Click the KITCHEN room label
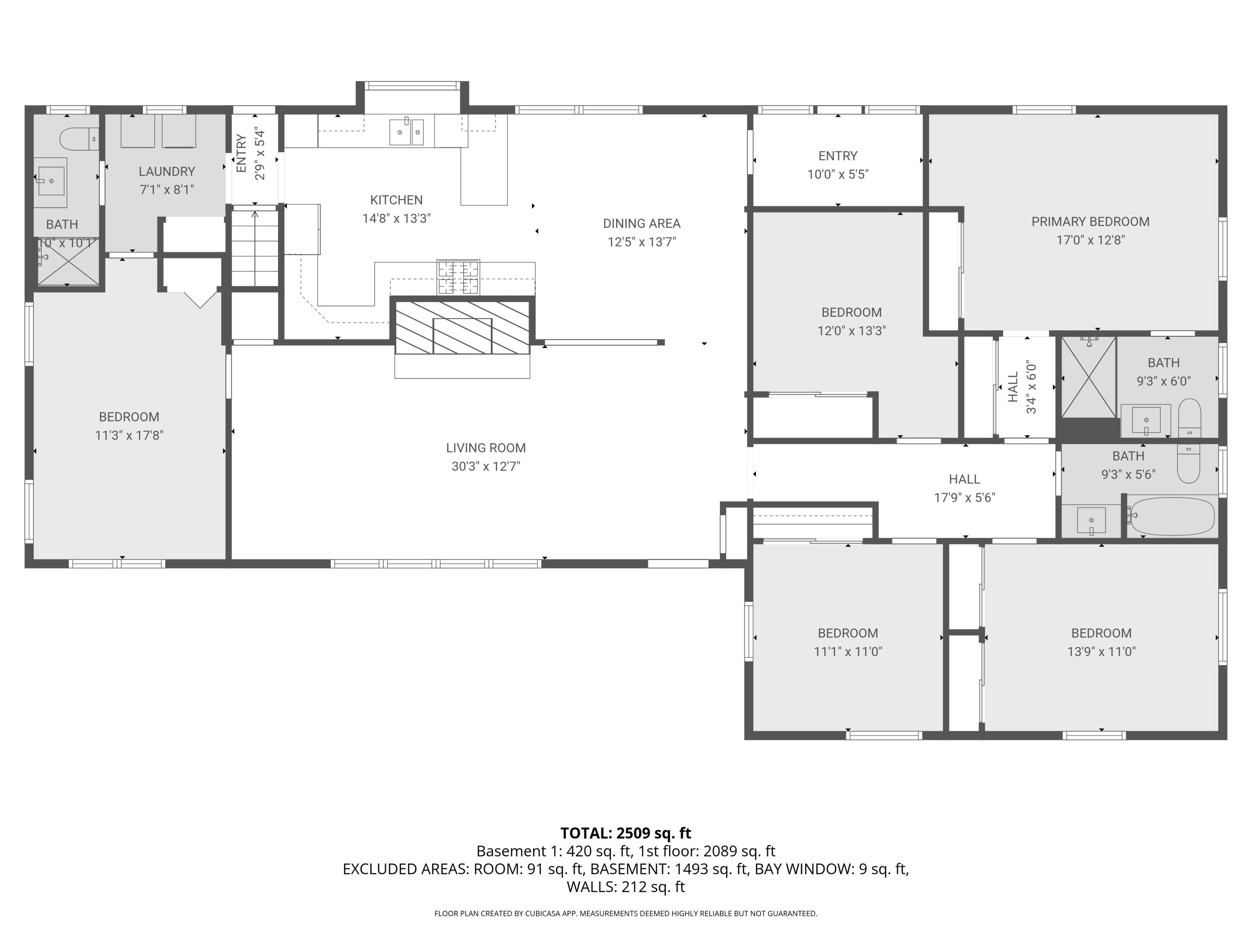click(396, 200)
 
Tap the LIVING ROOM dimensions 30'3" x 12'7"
click(486, 467)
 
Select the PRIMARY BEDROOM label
click(1090, 222)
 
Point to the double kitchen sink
click(406, 132)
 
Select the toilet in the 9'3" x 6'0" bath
click(1189, 417)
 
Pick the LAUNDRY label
click(167, 172)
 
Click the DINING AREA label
click(641, 224)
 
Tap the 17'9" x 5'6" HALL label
click(964, 480)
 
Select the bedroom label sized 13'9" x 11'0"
click(1101, 634)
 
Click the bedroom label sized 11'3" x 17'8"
click(129, 417)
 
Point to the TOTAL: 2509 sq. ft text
click(626, 833)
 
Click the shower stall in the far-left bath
click(67, 262)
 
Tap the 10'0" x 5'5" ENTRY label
click(838, 156)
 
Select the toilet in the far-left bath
click(78, 139)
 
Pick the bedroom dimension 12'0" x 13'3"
click(851, 331)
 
